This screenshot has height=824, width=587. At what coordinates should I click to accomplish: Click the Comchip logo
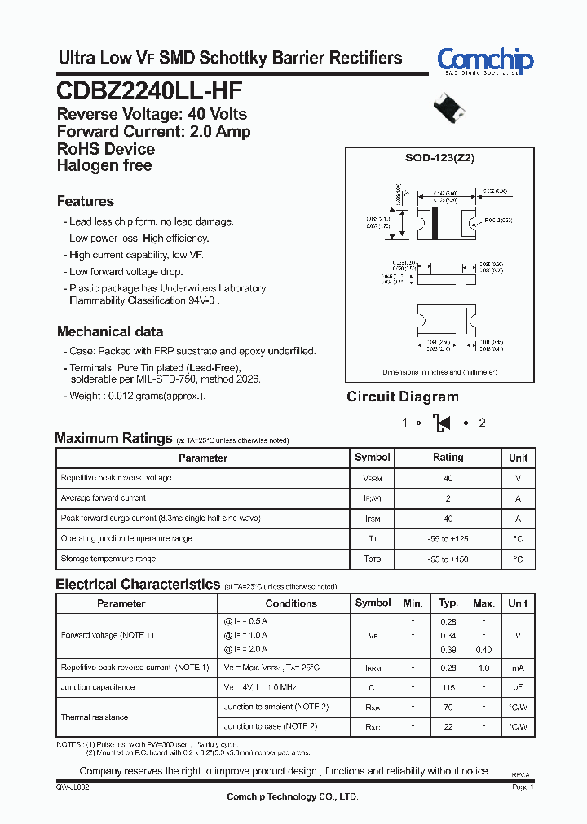484,61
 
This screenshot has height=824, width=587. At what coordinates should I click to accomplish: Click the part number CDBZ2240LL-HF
149,89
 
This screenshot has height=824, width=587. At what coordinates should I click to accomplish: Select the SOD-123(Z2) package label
439,159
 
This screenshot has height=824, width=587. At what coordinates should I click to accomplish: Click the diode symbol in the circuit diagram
441,423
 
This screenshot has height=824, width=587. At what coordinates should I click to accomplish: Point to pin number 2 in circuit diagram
482,423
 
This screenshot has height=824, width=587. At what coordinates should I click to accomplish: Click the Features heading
86,201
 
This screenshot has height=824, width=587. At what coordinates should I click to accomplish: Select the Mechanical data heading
110,331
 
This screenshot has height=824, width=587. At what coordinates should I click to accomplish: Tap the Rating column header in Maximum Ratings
448,458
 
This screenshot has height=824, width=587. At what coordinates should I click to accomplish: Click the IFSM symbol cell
372,519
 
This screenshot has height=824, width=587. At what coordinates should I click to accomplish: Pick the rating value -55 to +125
448,539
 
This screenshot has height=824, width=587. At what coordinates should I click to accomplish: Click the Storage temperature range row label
108,559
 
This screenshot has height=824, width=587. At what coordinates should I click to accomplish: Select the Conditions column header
291,603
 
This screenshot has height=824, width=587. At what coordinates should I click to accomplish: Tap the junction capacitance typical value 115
448,687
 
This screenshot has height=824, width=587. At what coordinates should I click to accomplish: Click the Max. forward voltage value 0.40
483,650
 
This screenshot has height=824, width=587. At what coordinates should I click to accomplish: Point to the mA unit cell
518,667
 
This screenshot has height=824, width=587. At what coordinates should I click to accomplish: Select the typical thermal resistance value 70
448,707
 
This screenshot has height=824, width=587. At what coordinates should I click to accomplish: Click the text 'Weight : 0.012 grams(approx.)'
137,396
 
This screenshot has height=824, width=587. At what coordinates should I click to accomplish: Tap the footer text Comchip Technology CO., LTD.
292,796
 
